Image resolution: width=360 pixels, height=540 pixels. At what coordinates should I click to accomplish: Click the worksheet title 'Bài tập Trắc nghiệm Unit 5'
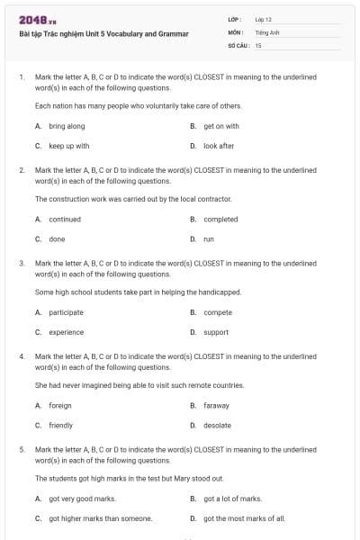coord(103,34)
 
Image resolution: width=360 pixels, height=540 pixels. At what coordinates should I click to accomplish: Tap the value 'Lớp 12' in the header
coord(263,19)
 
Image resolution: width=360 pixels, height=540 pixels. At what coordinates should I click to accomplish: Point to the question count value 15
coord(258,44)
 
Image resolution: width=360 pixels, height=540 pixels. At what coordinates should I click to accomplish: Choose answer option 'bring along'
coord(67,126)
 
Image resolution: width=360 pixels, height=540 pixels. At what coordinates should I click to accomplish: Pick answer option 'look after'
coord(219,145)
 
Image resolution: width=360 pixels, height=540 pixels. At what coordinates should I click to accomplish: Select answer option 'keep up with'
coord(69,145)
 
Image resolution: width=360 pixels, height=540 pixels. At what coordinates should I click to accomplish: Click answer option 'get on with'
coord(221,126)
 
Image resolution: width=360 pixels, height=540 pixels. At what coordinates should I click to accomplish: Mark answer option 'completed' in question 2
coord(220,219)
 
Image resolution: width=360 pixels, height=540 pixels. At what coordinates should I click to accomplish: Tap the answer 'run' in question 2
coord(209,238)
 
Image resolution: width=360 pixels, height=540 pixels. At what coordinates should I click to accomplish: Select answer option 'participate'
coord(66,312)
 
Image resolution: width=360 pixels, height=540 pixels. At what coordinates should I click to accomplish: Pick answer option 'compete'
coord(218,312)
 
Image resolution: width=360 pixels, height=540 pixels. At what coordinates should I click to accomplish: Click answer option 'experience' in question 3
coord(67,332)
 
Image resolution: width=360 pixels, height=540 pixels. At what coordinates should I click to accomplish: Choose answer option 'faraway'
coord(217,406)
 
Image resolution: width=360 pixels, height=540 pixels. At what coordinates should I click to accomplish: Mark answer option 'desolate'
coord(218,425)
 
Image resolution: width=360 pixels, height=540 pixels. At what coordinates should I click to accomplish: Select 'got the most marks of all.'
coord(244,517)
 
